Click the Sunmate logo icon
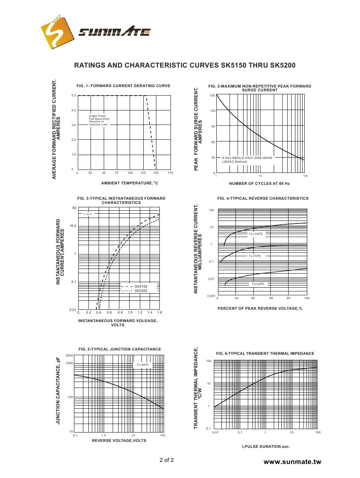click(x=55, y=32)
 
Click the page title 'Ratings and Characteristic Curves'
click(x=184, y=65)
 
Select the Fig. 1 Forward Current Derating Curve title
click(x=123, y=86)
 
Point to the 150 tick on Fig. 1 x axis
click(x=156, y=173)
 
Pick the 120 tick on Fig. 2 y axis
click(x=213, y=111)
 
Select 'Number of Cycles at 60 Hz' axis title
click(x=259, y=184)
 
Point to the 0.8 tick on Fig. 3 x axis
click(x=120, y=312)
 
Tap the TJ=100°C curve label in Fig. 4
click(x=256, y=234)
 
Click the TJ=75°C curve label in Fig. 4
click(x=255, y=256)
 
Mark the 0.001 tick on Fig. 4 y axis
click(x=211, y=296)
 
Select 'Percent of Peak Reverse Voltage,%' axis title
click(x=260, y=308)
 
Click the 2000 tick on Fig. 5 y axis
click(x=69, y=355)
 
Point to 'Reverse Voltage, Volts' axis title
click(x=119, y=441)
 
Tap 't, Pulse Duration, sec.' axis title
click(x=266, y=447)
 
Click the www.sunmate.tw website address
click(x=292, y=462)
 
